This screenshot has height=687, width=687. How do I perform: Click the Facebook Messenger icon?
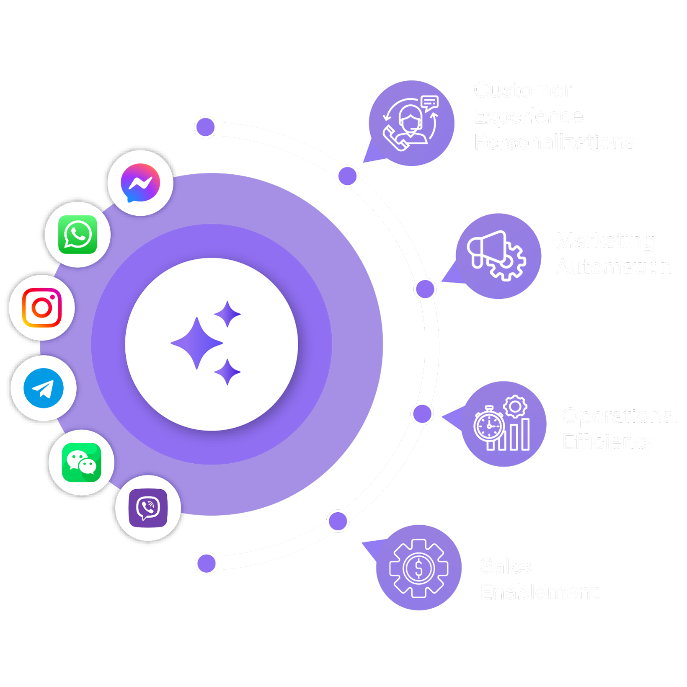click(140, 183)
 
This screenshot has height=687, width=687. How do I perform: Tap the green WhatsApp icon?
click(78, 235)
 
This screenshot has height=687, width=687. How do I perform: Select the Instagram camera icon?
click(42, 308)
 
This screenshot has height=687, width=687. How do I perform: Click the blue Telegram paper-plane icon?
click(44, 388)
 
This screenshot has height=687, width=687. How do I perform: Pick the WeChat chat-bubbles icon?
click(81, 462)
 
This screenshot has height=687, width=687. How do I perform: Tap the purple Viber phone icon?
click(148, 508)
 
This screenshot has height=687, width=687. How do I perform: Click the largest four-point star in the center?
click(196, 343)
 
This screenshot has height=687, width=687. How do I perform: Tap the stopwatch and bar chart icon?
click(503, 424)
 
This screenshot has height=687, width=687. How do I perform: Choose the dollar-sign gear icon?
click(418, 568)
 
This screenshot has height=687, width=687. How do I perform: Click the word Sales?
click(506, 566)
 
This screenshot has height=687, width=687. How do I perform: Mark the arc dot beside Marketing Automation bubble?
click(425, 289)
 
